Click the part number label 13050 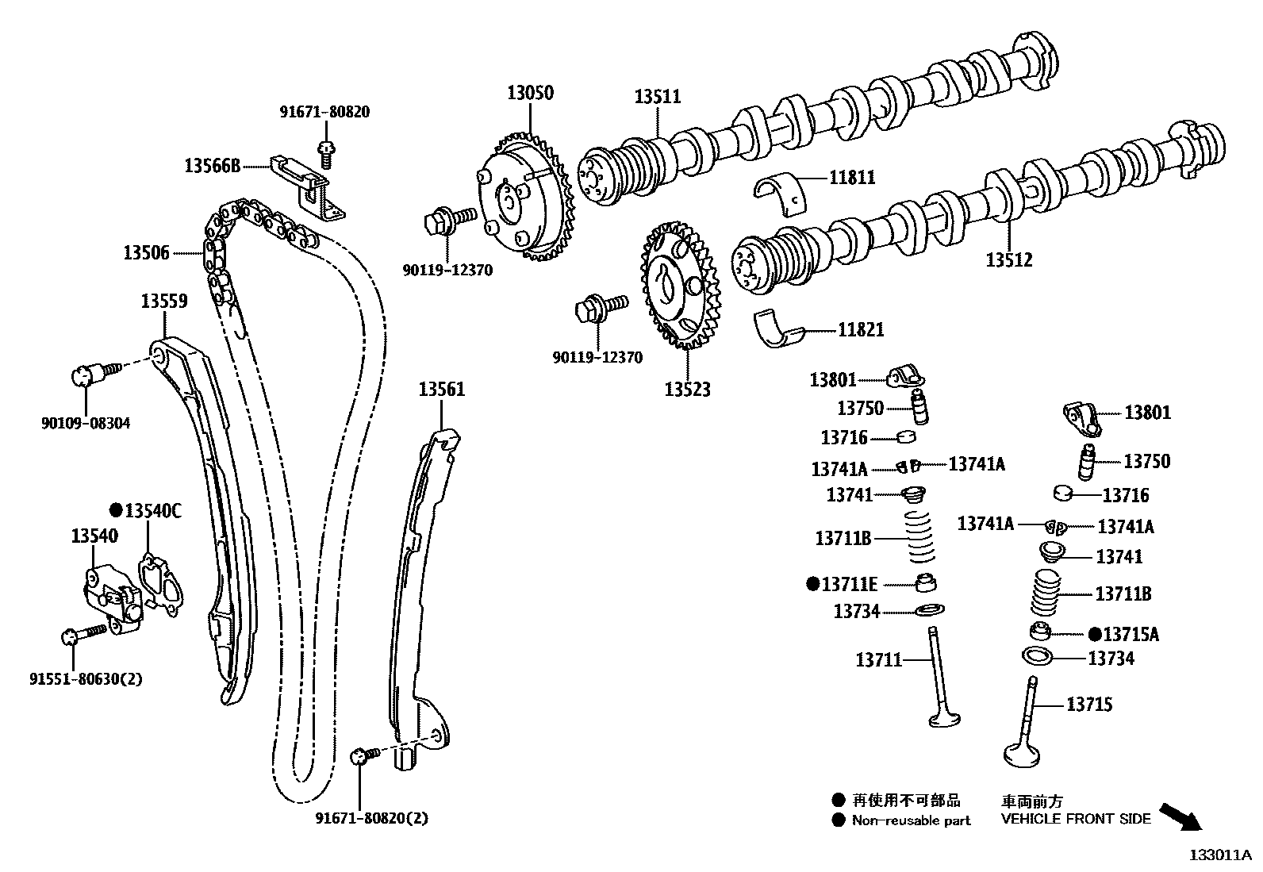[530, 93]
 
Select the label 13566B [212, 166]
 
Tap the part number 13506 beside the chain [146, 253]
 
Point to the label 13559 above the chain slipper [164, 301]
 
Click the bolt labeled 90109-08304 [90, 371]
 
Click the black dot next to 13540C [116, 510]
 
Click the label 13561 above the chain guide [442, 390]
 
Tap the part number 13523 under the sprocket [687, 390]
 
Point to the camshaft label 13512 [1009, 259]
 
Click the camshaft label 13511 [657, 97]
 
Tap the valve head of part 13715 [1024, 753]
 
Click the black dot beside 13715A [1095, 633]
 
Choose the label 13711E [850, 585]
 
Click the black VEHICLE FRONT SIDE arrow [1180, 815]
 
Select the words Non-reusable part [911, 820]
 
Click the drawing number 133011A [1219, 855]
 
